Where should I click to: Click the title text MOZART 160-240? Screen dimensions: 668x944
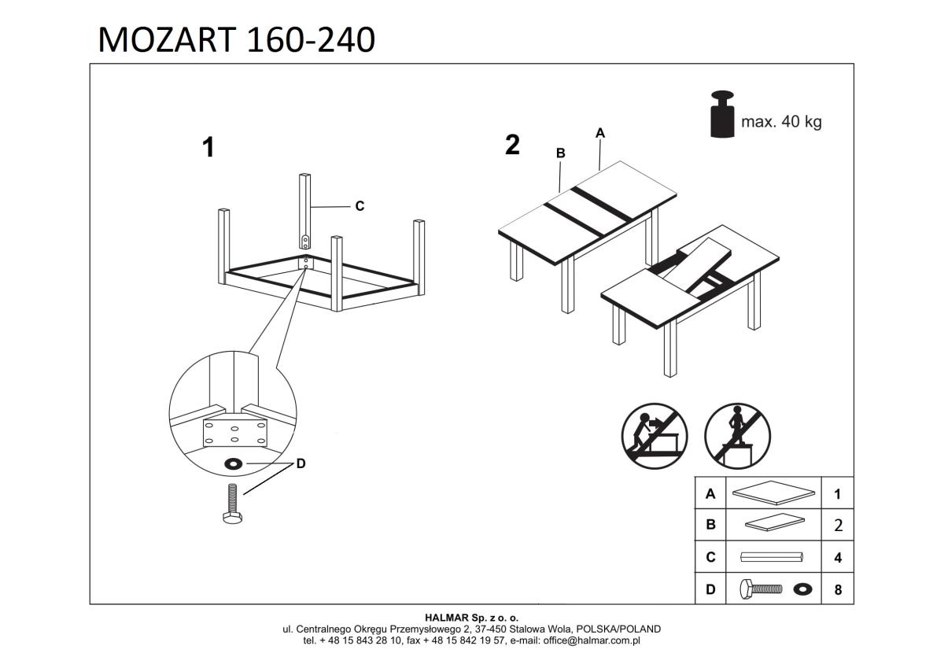tap(236, 39)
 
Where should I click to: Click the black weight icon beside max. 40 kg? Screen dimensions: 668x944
tap(721, 115)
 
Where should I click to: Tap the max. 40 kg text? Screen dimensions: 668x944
tap(780, 122)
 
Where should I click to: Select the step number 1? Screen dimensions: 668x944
tap(208, 147)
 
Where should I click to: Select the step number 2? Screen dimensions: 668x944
tap(512, 145)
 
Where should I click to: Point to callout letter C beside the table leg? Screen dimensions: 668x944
tap(360, 206)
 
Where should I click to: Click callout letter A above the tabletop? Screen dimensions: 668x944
tap(600, 133)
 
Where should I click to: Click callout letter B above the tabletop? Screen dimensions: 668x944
tap(561, 153)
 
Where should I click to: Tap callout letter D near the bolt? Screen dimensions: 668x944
tap(300, 464)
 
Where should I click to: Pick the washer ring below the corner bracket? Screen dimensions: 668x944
tap(234, 463)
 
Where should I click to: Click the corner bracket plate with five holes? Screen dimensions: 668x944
tap(235, 432)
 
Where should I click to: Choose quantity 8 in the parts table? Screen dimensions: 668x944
tap(838, 589)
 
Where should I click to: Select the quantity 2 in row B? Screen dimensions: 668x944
tap(838, 526)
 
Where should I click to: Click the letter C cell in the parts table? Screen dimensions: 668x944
tap(710, 557)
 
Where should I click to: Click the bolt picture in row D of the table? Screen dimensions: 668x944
tap(761, 589)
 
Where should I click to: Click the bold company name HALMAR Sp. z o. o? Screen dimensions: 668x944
tap(472, 618)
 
